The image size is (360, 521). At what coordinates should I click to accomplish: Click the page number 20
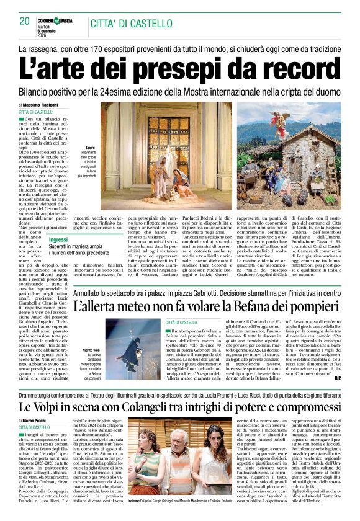(25, 21)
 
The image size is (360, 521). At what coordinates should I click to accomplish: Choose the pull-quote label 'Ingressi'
(58, 239)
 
